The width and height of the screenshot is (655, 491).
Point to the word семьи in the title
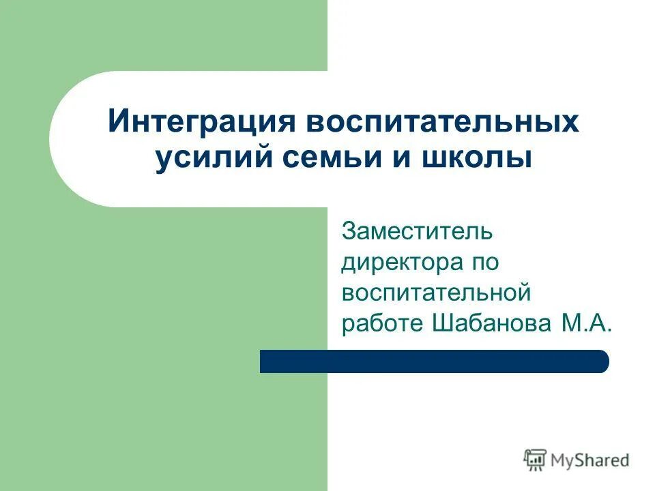click(310, 160)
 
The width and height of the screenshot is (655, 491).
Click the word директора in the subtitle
click(397, 263)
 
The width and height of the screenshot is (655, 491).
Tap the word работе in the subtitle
click(382, 324)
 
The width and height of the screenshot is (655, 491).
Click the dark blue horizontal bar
click(434, 361)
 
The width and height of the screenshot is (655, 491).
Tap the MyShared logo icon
click(534, 460)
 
